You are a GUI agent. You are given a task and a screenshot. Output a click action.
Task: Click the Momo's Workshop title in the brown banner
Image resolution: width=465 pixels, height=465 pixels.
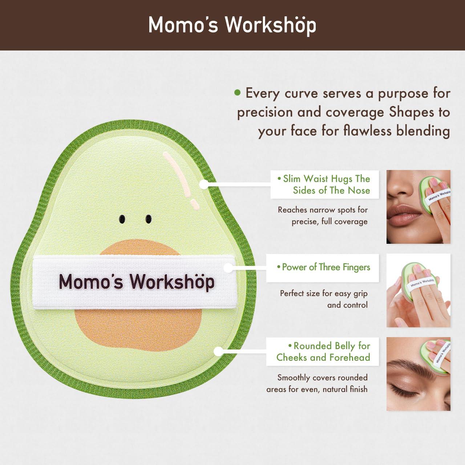232,25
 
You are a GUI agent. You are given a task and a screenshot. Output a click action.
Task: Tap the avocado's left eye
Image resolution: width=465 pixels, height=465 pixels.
122,219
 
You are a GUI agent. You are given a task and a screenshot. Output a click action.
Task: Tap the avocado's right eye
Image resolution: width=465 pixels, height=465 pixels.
149,219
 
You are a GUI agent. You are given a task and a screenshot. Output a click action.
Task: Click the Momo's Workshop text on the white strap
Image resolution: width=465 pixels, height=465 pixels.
136,282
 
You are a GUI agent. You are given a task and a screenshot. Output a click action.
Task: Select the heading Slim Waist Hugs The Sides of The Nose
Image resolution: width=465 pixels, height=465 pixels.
325,185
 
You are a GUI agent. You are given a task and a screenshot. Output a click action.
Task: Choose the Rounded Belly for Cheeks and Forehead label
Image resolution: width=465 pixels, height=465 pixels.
323,352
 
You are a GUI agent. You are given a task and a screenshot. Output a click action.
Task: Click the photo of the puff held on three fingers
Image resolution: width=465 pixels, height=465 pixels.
418,290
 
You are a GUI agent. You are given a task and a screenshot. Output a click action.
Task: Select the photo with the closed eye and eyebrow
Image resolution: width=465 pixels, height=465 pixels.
418,374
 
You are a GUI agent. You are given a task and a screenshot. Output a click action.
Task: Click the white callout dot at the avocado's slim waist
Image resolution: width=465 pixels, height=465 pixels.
204,184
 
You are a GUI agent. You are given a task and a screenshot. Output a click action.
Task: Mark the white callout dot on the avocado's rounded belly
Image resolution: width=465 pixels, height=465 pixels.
218,351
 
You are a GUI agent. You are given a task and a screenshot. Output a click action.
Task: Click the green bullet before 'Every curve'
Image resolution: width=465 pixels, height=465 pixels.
238,93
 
